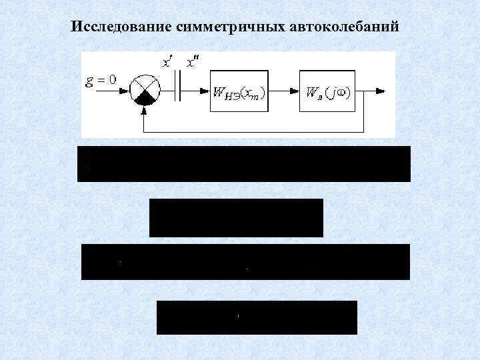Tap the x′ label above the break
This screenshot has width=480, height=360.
[x=167, y=63]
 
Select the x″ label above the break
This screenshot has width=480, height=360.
[x=191, y=63]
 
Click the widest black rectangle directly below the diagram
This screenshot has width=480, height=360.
[x=244, y=164]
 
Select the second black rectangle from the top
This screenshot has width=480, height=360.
[x=236, y=218]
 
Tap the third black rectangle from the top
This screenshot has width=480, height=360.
[x=245, y=262]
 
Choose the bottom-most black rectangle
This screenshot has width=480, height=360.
[x=257, y=317]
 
